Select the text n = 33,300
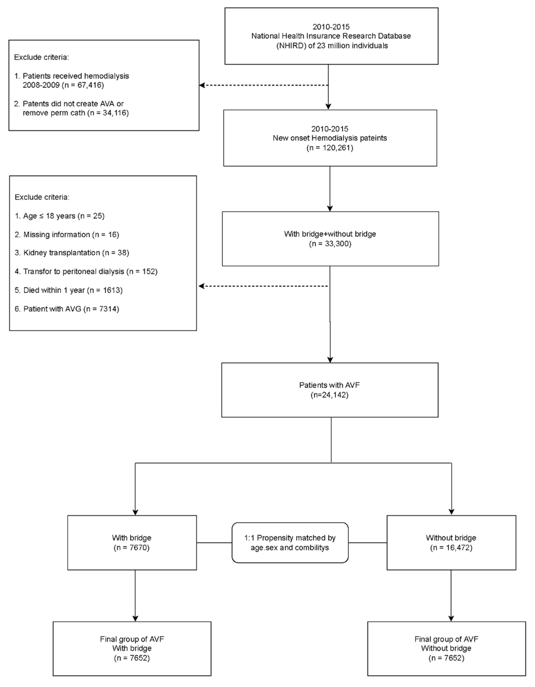330,244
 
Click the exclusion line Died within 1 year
69,290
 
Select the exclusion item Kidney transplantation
72,253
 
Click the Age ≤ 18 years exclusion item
60,216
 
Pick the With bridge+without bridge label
330,234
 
